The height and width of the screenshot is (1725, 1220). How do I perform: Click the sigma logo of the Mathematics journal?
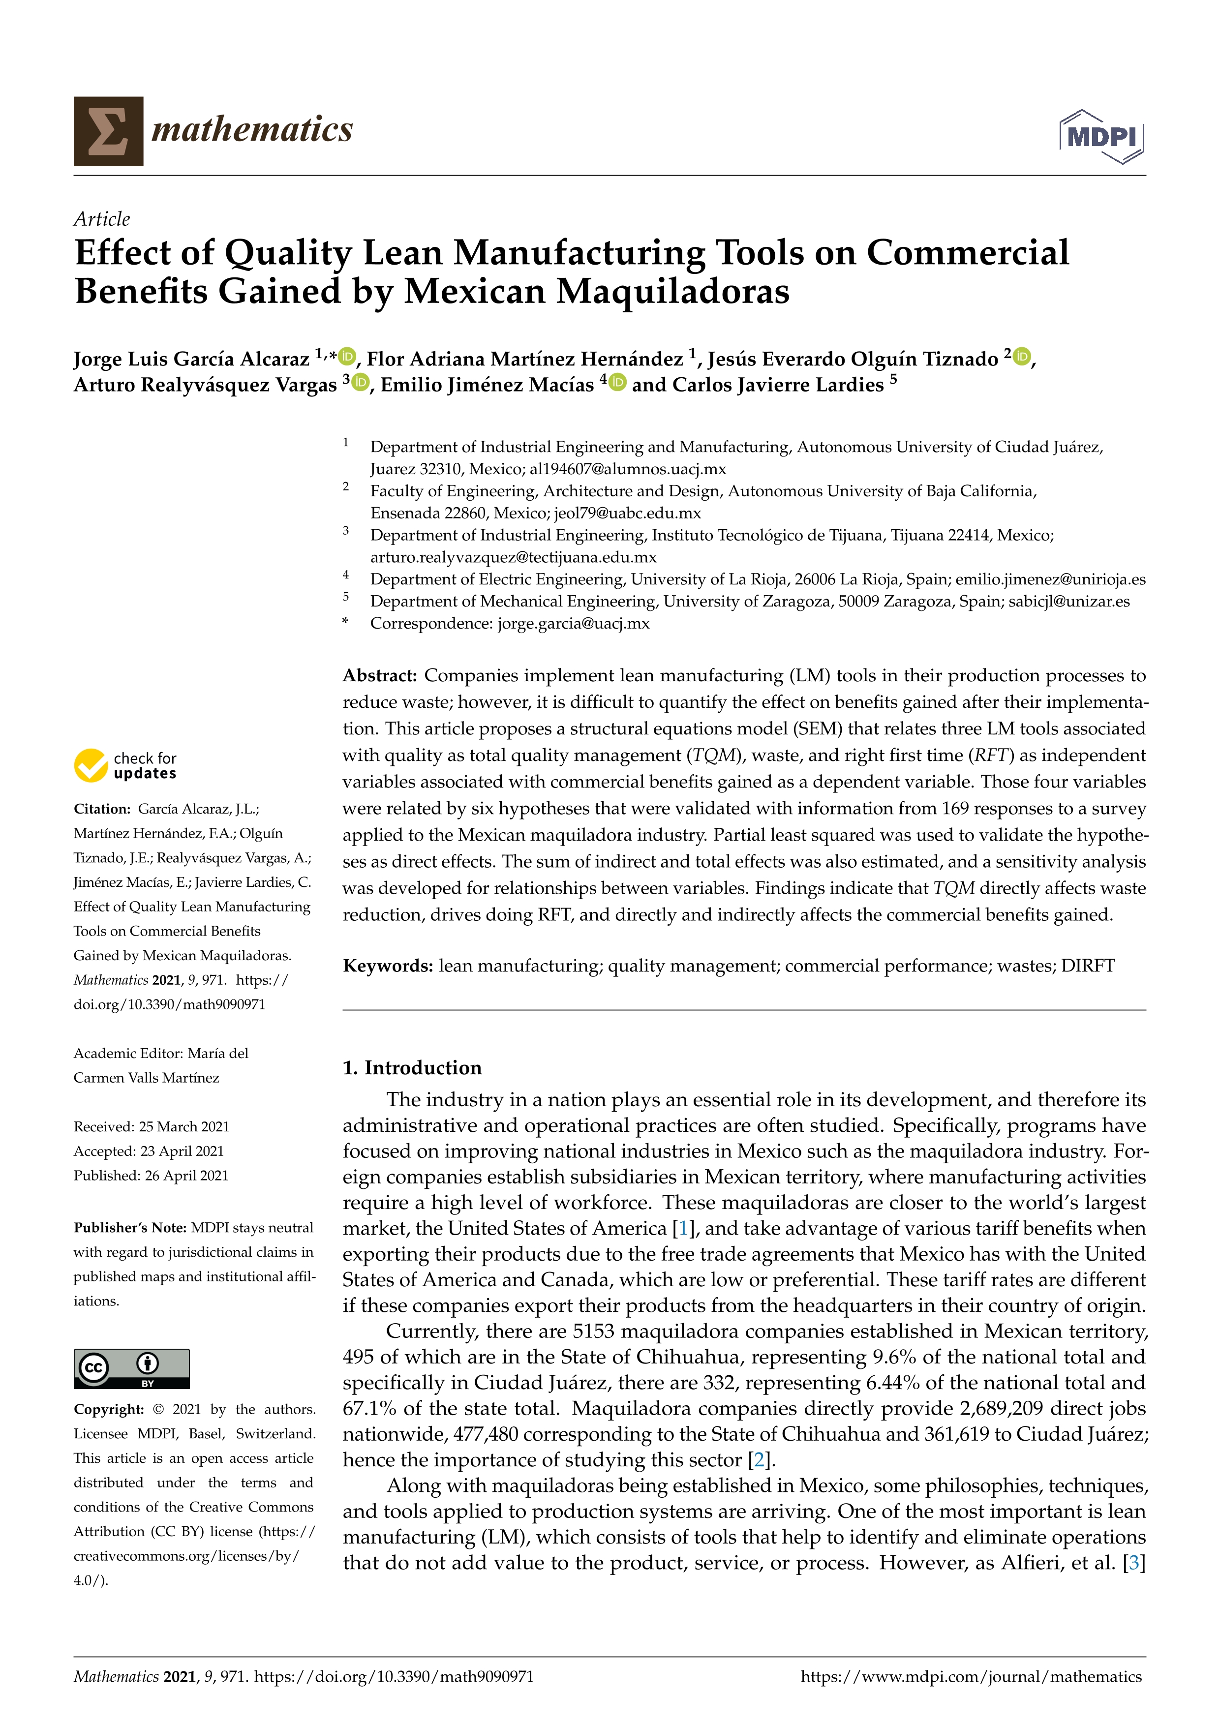coord(108,131)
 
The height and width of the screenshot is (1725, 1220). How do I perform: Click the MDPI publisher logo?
coord(1101,137)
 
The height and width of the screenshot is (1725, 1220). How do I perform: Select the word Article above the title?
coord(101,219)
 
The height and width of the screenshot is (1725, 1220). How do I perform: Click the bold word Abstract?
coord(379,675)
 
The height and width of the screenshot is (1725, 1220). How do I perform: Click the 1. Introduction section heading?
coord(412,1067)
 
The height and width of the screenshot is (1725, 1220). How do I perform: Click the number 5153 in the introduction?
coord(593,1332)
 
